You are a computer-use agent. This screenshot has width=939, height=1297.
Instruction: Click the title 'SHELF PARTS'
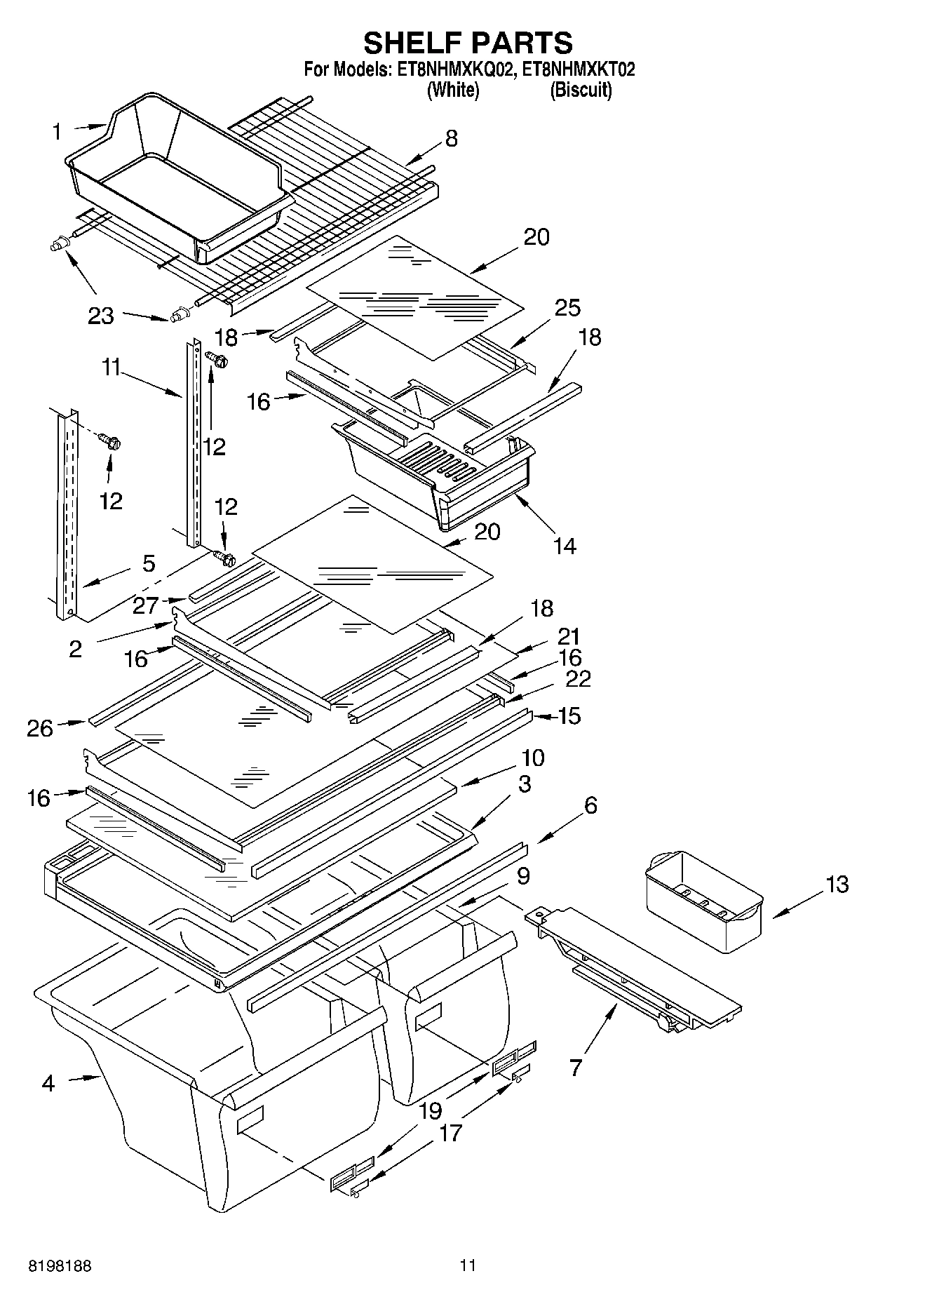click(x=468, y=43)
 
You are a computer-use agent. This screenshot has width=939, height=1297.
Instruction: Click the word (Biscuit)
click(x=581, y=90)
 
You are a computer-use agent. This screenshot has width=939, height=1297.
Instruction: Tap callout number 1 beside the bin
click(x=57, y=132)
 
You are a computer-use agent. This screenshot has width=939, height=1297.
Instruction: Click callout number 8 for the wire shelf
click(x=451, y=138)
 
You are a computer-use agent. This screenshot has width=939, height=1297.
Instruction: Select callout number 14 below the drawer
click(x=565, y=545)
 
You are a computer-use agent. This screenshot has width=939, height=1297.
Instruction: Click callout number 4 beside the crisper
click(x=48, y=1084)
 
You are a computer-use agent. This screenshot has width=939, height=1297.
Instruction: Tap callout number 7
click(x=575, y=1068)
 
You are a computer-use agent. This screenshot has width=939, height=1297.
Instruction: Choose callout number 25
click(x=567, y=307)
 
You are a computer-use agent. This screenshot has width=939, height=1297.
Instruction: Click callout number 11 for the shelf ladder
click(x=111, y=367)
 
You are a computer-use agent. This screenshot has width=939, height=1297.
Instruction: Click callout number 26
click(x=40, y=728)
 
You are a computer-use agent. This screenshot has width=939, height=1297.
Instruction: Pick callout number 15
click(x=570, y=715)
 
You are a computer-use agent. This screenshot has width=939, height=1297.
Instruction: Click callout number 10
click(x=532, y=758)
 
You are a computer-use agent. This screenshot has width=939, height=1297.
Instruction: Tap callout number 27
click(x=146, y=605)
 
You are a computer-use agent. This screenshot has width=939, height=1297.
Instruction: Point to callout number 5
click(x=149, y=563)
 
